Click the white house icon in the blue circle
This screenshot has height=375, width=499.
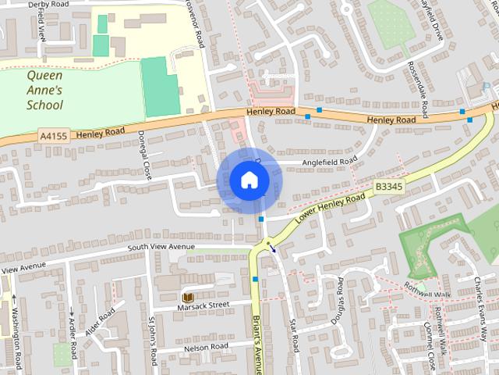coord(249,180)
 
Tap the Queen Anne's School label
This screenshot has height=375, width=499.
coord(44,90)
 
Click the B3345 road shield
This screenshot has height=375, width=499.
coord(389,187)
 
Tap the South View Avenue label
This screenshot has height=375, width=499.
coord(161,247)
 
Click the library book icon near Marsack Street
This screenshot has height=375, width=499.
coord(187,298)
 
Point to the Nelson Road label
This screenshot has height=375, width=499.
coord(206,346)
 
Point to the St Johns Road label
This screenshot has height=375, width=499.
coord(153,341)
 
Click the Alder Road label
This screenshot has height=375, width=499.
coord(105,320)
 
